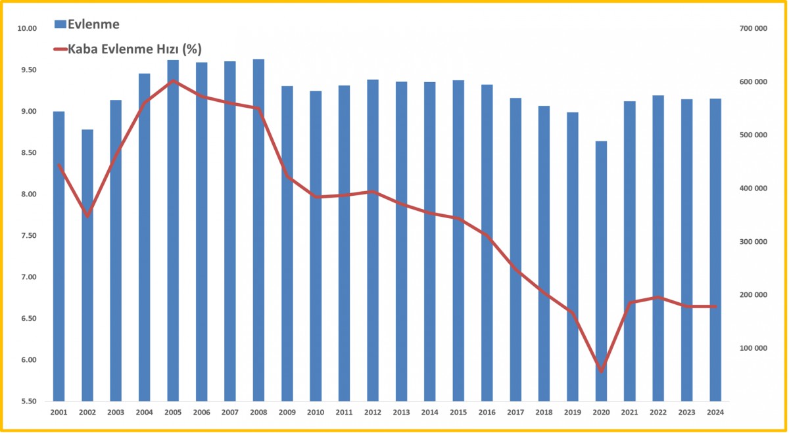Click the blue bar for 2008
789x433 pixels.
tap(258, 230)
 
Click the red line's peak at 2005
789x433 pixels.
tap(172, 81)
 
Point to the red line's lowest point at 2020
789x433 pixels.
tap(601, 371)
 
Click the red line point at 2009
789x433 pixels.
tap(287, 176)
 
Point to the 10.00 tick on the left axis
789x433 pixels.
tap(27, 28)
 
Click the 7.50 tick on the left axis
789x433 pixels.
tap(27, 236)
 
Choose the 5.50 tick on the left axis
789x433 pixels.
tap(27, 401)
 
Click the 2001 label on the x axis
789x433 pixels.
tap(59, 413)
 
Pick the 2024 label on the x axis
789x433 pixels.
tap(715, 413)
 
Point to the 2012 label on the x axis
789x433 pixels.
tap(373, 413)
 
